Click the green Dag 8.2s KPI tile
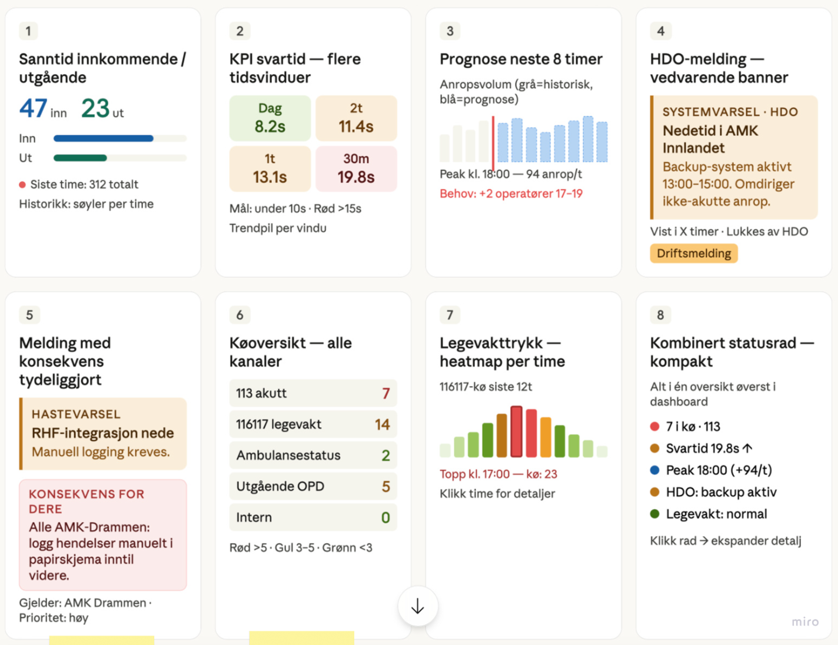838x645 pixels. pos(270,118)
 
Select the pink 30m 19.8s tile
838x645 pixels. pos(357,169)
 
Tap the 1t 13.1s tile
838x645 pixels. pos(270,169)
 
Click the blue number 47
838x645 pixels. pos(34,108)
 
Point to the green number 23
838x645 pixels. pos(95,108)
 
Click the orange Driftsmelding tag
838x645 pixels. pos(694,253)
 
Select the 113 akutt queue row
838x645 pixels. pos(313,393)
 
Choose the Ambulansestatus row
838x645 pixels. pos(313,456)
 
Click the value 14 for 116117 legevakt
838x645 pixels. pos(382,424)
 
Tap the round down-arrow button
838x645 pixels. pos(418,606)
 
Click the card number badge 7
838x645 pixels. pos(450,315)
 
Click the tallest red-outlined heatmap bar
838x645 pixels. pos(516,431)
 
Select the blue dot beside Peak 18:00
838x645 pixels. pos(655,470)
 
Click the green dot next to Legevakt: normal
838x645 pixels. pos(655,514)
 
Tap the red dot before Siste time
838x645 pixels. pos(22,185)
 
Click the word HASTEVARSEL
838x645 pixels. pos(76,414)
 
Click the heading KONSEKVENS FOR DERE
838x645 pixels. pos(87,501)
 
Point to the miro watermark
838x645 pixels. pos(805,622)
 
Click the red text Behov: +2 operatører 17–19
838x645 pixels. pos(511,194)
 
